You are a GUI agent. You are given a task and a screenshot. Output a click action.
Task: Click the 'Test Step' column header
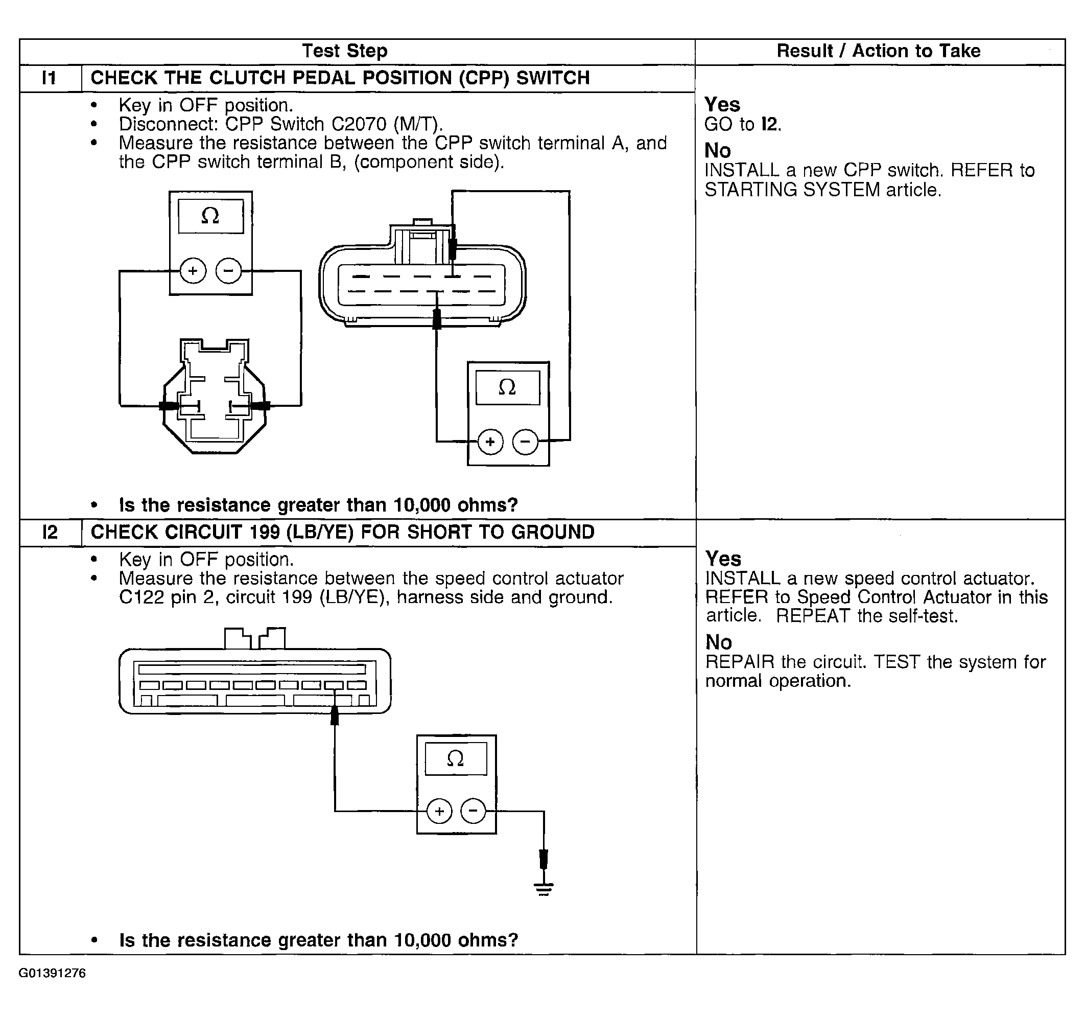tap(344, 51)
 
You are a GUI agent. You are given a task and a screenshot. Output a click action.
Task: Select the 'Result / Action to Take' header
tap(878, 51)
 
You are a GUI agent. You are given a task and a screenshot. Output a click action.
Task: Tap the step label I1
tap(49, 78)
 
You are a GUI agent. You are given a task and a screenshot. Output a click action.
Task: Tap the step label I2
tap(50, 533)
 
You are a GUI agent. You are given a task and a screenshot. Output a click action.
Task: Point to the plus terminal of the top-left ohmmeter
tap(193, 271)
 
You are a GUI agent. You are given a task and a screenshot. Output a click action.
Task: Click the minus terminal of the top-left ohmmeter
tap(229, 271)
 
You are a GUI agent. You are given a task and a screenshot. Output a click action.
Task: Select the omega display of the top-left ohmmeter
tap(210, 216)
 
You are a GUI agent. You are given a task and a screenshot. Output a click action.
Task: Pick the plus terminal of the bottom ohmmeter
tap(439, 812)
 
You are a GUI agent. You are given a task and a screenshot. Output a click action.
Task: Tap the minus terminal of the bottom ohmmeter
tap(473, 812)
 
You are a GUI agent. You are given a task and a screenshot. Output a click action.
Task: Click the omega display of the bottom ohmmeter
tap(456, 758)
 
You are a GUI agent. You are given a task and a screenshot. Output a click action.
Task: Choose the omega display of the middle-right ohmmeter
tap(507, 387)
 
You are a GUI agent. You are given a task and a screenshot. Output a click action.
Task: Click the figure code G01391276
tap(53, 974)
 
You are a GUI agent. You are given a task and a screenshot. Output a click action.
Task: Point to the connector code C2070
tap(359, 125)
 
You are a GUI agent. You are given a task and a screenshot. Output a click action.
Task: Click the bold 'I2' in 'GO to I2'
tap(769, 125)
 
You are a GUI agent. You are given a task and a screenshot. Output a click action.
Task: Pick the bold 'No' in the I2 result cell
tap(718, 642)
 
